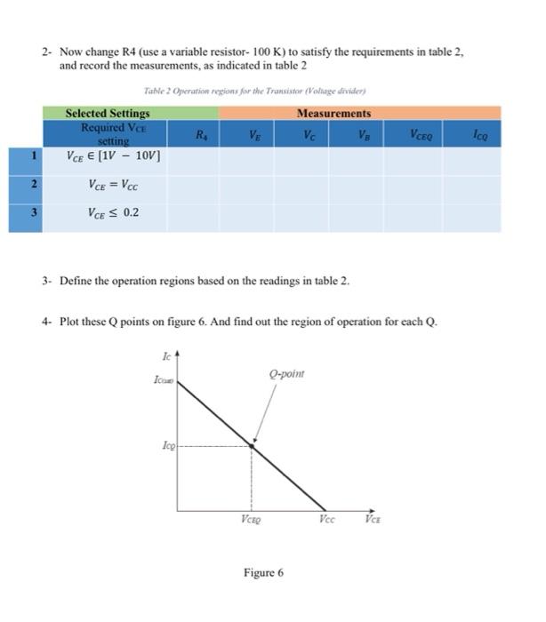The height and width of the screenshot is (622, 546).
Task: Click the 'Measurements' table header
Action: (333, 113)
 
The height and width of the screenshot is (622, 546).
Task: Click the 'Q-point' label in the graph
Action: (285, 374)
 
